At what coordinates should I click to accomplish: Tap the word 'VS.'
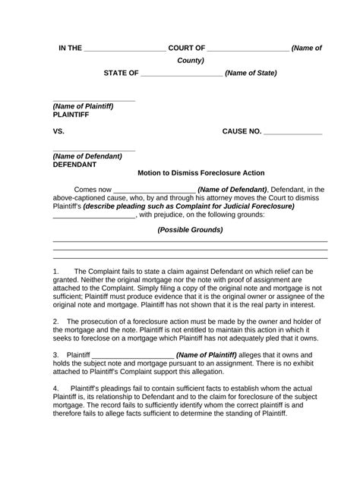click(59, 131)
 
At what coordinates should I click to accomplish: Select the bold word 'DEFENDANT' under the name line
click(74, 164)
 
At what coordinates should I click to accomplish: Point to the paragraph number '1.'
click(56, 271)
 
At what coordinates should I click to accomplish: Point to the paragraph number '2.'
click(56, 322)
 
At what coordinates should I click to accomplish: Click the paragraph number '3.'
click(56, 355)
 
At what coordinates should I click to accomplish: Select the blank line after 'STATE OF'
click(182, 74)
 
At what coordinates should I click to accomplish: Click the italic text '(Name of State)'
click(251, 73)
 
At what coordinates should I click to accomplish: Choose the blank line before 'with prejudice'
click(93, 215)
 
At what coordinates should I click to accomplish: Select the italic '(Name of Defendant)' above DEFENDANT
click(87, 156)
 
